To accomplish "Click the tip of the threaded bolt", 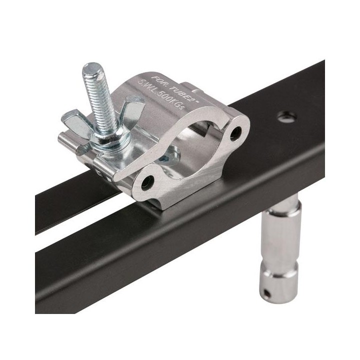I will coord(92,67).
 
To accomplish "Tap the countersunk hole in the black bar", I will coord(287,116).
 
